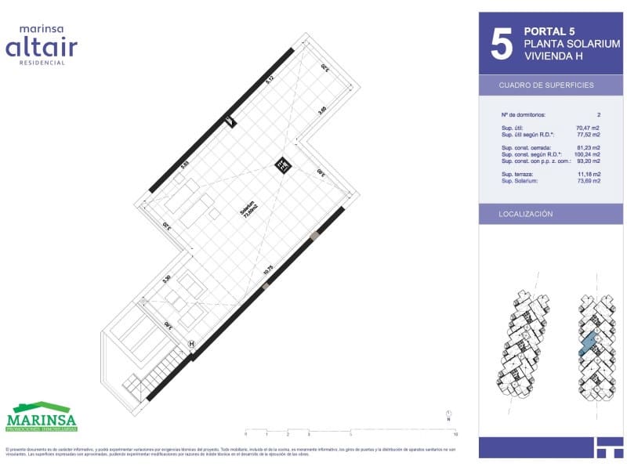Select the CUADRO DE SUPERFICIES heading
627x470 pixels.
(x=546, y=85)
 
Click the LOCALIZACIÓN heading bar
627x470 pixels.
(x=526, y=214)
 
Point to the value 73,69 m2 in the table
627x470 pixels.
(x=589, y=181)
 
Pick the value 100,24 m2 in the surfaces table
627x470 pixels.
(x=587, y=154)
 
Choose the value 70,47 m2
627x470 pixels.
(x=589, y=128)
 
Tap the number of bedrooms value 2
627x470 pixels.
(x=599, y=114)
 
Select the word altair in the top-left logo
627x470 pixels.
(x=42, y=48)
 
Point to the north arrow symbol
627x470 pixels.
(x=448, y=415)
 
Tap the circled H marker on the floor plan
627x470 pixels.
(x=192, y=343)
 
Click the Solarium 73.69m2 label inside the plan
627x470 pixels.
(x=248, y=211)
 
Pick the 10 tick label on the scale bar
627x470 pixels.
(x=455, y=433)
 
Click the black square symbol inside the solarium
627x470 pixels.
(x=281, y=164)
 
